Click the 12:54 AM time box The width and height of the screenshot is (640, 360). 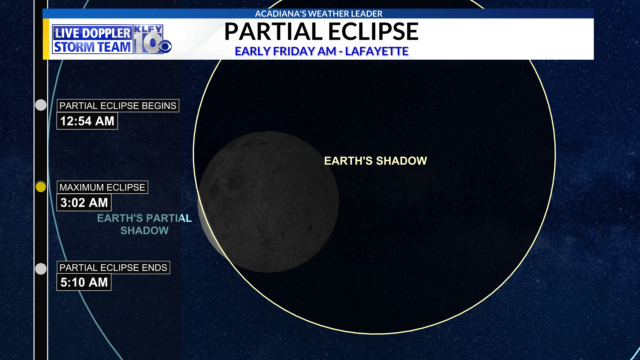tap(87, 121)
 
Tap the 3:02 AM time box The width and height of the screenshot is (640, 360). tap(84, 202)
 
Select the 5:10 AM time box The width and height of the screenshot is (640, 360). tap(84, 282)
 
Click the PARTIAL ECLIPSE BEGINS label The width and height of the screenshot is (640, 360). tap(118, 106)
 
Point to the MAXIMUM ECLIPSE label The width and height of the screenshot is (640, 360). tap(102, 187)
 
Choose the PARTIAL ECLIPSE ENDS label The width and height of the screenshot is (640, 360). tap(113, 267)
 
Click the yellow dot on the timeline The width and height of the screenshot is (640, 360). tap(41, 187)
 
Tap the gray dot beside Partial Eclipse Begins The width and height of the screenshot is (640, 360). tap(41, 105)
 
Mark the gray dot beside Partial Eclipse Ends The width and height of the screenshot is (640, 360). tap(41, 269)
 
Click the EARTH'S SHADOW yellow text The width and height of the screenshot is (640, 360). tap(376, 161)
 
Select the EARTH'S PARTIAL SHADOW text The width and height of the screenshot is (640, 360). tap(144, 224)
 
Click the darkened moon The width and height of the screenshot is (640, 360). tap(269, 202)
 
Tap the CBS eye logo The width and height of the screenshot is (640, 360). tap(165, 47)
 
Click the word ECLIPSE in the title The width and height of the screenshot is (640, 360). tap(374, 32)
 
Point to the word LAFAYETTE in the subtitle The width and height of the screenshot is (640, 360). tap(377, 51)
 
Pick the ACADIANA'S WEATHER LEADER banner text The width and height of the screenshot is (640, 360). tap(319, 14)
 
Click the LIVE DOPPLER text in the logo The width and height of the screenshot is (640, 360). tap(92, 33)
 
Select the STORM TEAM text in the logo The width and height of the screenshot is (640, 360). tap(92, 47)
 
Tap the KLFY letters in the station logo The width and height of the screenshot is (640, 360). tap(148, 29)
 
